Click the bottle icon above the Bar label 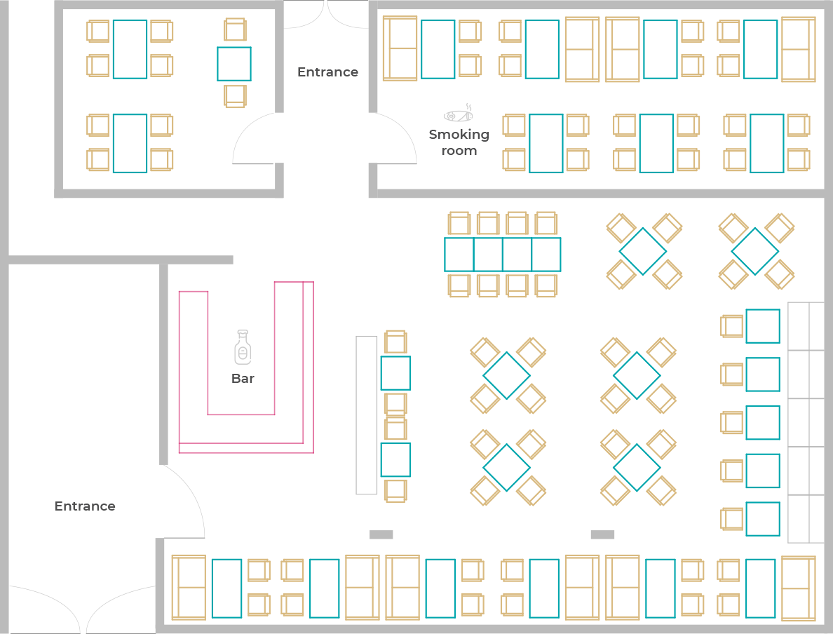pyautogui.click(x=243, y=347)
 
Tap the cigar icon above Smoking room pyautogui.click(x=459, y=113)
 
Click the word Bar pyautogui.click(x=243, y=379)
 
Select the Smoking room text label pyautogui.click(x=459, y=142)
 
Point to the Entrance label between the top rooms pyautogui.click(x=327, y=72)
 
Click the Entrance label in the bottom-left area pyautogui.click(x=85, y=506)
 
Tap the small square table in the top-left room pyautogui.click(x=233, y=64)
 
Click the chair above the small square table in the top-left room pyautogui.click(x=235, y=29)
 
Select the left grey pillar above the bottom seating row pyautogui.click(x=381, y=534)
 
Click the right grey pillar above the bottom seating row pyautogui.click(x=602, y=534)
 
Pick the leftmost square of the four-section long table pyautogui.click(x=459, y=255)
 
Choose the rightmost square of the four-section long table pyautogui.click(x=546, y=255)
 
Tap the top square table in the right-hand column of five pyautogui.click(x=763, y=326)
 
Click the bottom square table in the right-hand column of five pyautogui.click(x=763, y=519)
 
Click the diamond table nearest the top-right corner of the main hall pyautogui.click(x=755, y=251)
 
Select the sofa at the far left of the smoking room pyautogui.click(x=400, y=49)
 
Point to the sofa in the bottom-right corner pyautogui.click(x=799, y=588)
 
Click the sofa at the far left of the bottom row pyautogui.click(x=189, y=588)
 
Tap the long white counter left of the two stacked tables pyautogui.click(x=367, y=415)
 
